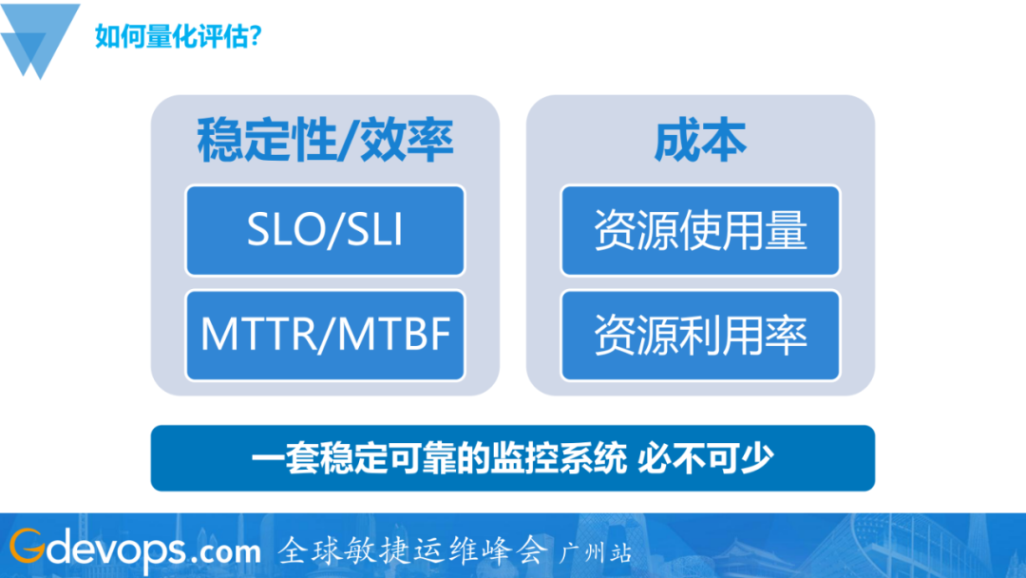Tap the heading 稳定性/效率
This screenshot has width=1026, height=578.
[325, 141]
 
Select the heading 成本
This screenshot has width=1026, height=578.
[700, 141]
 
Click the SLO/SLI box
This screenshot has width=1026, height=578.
[325, 231]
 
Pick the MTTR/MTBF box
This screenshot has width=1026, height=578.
[325, 335]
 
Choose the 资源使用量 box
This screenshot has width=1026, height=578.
[700, 231]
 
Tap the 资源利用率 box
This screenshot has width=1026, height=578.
[700, 335]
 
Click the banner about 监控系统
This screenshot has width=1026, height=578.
[512, 458]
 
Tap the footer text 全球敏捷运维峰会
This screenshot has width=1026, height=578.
[413, 549]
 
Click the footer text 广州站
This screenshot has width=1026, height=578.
[596, 551]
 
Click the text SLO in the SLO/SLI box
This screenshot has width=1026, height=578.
[282, 231]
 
